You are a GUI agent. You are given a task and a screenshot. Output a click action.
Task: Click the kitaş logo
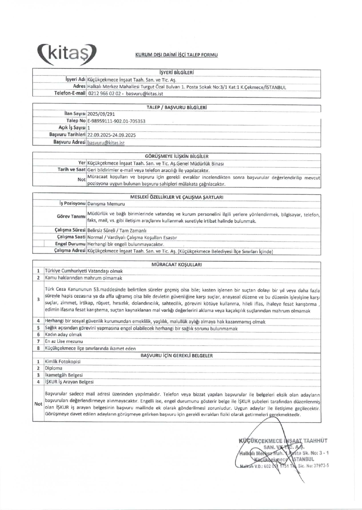[67, 54]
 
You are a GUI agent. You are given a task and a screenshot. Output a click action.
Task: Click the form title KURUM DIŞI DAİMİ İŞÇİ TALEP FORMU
[176, 55]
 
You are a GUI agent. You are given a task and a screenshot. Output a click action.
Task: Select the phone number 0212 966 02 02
[105, 94]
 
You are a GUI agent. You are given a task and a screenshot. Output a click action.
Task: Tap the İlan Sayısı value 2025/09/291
[101, 114]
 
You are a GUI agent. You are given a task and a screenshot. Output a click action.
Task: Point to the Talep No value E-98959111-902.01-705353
[116, 121]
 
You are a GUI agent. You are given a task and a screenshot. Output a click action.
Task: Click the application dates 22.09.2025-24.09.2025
[111, 135]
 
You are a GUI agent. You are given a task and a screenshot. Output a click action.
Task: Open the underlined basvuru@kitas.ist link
[106, 143]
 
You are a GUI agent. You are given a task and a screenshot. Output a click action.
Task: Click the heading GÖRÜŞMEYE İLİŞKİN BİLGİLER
[177, 156]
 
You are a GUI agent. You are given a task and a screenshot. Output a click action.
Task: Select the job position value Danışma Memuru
[106, 204]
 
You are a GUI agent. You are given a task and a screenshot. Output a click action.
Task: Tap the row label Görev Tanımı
[71, 216]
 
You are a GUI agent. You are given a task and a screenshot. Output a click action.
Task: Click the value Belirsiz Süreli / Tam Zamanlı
[117, 231]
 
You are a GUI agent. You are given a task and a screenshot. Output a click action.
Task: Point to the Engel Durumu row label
[70, 244]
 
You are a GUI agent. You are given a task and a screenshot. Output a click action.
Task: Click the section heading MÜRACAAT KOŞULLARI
[177, 265]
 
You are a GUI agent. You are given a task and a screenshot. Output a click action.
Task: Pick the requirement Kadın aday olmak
[63, 335]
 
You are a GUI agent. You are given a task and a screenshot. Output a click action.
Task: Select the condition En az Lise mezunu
[64, 341]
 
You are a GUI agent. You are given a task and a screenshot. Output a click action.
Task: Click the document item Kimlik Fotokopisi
[63, 362]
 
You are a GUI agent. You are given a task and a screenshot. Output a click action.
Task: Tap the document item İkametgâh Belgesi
[64, 375]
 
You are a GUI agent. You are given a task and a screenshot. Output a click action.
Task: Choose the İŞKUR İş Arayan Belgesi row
[69, 382]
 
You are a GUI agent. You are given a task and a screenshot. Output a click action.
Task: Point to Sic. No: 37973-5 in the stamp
[313, 466]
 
